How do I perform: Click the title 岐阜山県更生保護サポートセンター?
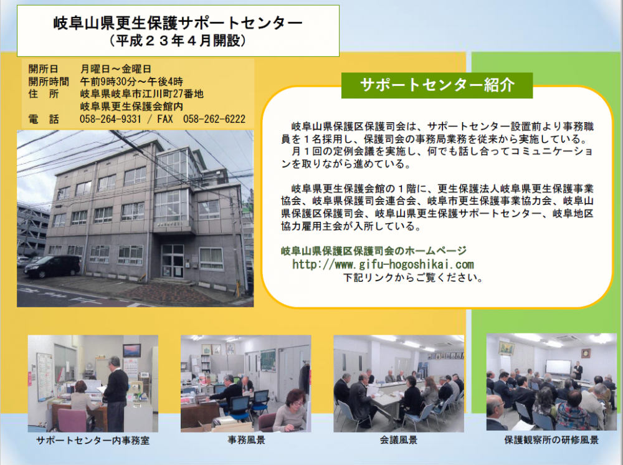click(178, 23)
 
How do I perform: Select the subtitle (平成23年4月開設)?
click(178, 41)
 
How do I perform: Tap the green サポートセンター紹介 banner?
click(437, 85)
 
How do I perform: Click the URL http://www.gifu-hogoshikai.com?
click(383, 264)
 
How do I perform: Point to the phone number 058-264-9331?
click(110, 119)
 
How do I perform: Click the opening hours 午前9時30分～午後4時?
click(131, 82)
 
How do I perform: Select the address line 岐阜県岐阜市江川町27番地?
click(142, 93)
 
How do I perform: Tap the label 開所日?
click(44, 69)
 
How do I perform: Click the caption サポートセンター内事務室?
click(93, 440)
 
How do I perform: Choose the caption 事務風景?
click(246, 440)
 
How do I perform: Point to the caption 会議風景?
click(399, 440)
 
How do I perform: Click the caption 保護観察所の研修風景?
click(551, 440)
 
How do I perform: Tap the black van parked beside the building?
click(52, 266)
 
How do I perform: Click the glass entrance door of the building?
click(173, 261)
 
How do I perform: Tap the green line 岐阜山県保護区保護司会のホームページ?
click(374, 251)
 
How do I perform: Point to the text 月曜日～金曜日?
click(116, 69)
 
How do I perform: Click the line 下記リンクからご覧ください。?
click(413, 277)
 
